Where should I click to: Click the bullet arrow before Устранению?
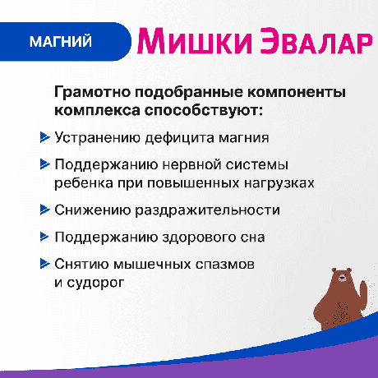[44, 137]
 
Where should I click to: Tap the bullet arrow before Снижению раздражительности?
[44, 210]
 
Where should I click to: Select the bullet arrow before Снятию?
[44, 265]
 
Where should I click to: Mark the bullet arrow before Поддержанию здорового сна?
[44, 237]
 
